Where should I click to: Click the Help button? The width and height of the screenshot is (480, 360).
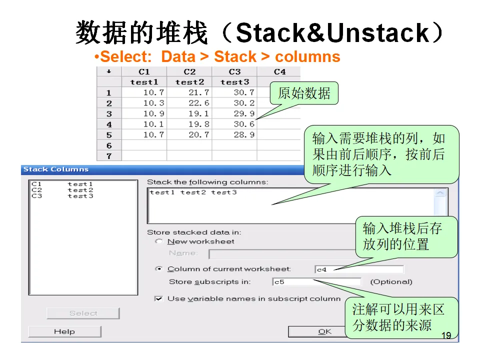(x=64, y=331)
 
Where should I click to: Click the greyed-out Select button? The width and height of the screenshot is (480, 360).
(x=83, y=313)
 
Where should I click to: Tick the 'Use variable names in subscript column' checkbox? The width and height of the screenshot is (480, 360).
(x=159, y=299)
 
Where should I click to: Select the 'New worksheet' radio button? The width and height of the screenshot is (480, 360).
(x=159, y=241)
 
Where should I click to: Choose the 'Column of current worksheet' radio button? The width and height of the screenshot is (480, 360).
(x=159, y=269)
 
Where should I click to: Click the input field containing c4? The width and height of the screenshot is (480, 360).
(x=358, y=269)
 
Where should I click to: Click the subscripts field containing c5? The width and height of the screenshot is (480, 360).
(x=316, y=282)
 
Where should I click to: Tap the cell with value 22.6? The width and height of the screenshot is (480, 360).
(x=189, y=103)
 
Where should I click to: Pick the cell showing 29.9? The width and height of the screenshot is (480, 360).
(x=234, y=113)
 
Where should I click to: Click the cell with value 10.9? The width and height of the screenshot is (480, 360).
(x=144, y=113)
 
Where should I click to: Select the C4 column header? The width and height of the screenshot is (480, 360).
(x=280, y=72)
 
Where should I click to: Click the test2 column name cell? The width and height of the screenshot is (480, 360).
(x=189, y=82)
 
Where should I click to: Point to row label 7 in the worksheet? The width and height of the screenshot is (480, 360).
(x=109, y=156)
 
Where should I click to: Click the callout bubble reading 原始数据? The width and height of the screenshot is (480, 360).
(x=304, y=93)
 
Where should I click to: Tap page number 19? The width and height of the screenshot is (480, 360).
(x=446, y=335)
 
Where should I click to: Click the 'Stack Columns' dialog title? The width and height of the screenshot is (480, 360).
(x=56, y=169)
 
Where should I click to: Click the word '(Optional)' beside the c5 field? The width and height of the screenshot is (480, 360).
(x=391, y=282)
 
